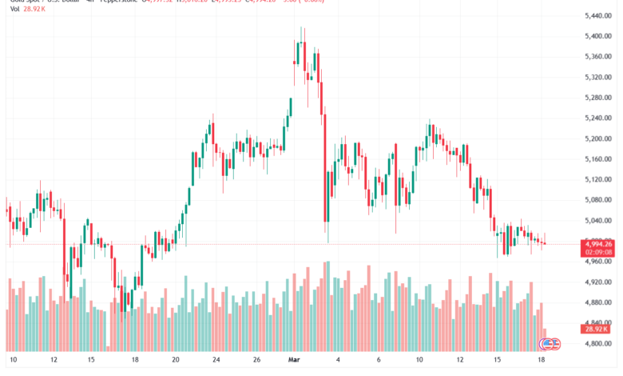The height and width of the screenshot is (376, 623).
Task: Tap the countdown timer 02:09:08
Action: pos(597,253)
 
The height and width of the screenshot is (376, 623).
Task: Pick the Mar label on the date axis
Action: pos(293,360)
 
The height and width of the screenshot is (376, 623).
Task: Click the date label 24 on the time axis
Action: pos(216,360)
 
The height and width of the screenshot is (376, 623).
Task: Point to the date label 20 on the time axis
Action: pos(175,360)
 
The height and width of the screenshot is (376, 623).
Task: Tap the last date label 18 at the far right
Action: pos(542,360)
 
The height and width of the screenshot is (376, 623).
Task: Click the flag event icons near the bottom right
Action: pos(550,344)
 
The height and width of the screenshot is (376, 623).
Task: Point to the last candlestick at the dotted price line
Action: pos(545,242)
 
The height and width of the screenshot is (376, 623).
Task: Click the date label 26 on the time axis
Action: pos(256,360)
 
